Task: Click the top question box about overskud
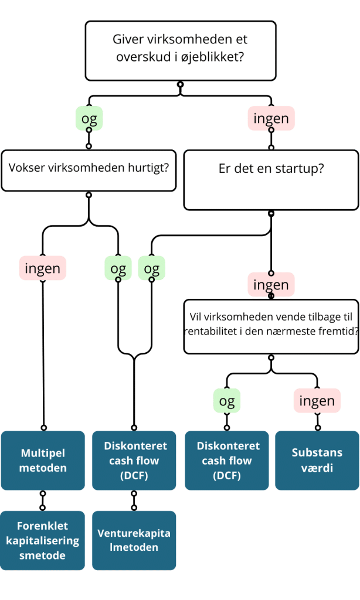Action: click(180, 50)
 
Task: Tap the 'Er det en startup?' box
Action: click(271, 180)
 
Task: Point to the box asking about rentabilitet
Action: click(271, 326)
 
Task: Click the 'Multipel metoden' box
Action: click(43, 461)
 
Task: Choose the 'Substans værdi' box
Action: click(317, 461)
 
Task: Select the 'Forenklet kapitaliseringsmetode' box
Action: click(43, 540)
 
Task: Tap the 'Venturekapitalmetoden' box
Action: click(134, 540)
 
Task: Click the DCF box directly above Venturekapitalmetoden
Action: click(134, 461)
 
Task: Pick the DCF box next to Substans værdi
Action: click(227, 461)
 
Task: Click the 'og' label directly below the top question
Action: click(89, 119)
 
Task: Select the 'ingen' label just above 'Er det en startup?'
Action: click(271, 119)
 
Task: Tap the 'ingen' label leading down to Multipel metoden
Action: click(43, 268)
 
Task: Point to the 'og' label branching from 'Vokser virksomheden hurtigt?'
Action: click(118, 268)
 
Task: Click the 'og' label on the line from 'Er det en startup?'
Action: click(151, 268)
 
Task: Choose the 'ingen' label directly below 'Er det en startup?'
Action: click(271, 285)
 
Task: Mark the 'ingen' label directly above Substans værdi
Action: click(317, 401)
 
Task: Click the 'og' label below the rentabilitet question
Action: click(227, 401)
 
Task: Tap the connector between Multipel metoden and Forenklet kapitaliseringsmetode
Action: click(43, 500)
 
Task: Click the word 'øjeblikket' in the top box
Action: click(214, 59)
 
